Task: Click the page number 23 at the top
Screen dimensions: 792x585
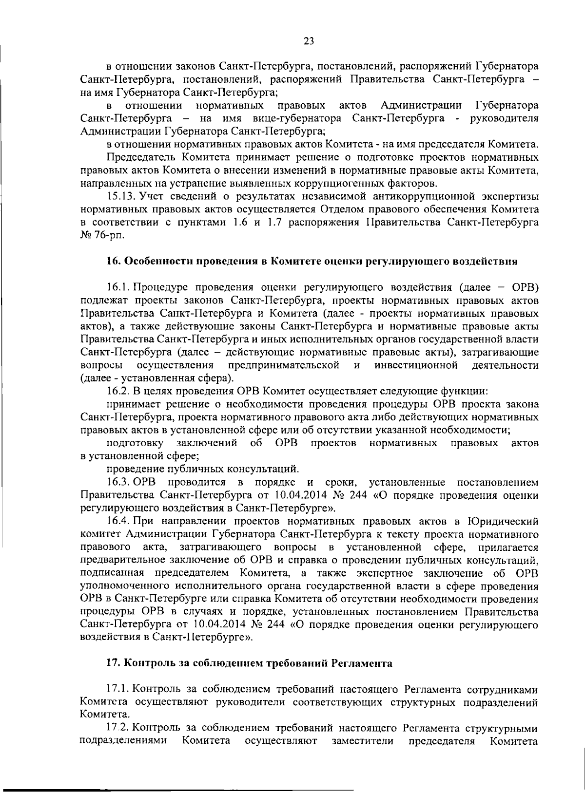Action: (x=309, y=41)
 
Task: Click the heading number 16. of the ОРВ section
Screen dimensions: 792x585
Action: (x=114, y=261)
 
